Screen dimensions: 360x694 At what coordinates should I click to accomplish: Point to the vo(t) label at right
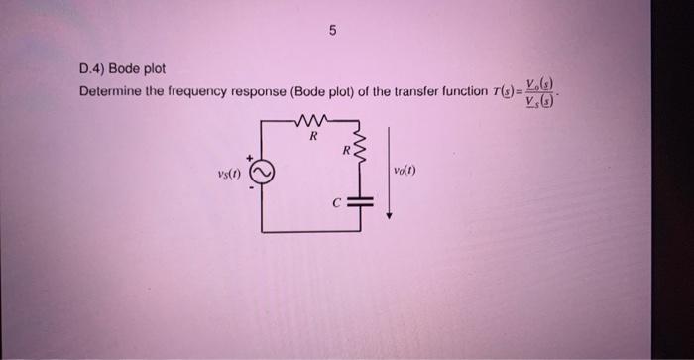(404, 170)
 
